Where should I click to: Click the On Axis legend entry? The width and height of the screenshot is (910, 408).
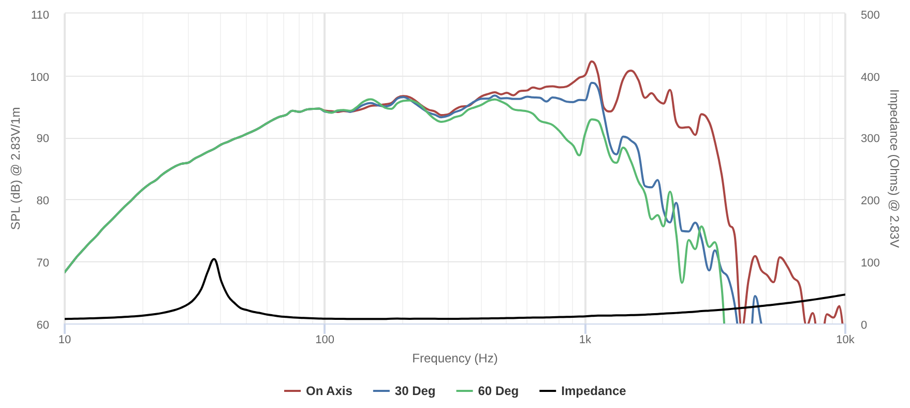coord(318,391)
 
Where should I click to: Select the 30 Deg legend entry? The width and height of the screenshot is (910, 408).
coord(404,391)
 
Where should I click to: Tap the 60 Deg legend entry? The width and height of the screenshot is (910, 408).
coord(488,391)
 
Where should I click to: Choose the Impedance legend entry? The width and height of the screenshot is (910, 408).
coord(583,391)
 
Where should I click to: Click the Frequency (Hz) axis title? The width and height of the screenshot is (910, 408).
coord(454,358)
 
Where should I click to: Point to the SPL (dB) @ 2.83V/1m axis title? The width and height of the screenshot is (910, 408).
coord(16,168)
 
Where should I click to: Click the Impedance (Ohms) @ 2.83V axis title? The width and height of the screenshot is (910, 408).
coord(894,168)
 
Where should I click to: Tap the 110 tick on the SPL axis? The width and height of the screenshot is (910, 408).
coord(40,15)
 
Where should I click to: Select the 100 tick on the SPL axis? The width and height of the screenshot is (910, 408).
coord(40,77)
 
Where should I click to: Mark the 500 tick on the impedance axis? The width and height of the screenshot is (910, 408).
coord(870,15)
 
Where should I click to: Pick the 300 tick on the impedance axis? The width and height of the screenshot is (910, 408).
coord(870,138)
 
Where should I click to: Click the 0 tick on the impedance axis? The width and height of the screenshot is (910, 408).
coord(863,325)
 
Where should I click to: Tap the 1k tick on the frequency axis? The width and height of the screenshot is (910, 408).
coord(585,340)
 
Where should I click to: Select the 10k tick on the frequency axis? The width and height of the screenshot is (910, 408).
coord(845,340)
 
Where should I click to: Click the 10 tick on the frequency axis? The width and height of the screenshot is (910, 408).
coord(65,340)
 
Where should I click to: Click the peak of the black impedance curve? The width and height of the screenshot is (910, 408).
coord(214,259)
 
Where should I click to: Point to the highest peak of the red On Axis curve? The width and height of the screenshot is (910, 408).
coord(592,61)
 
